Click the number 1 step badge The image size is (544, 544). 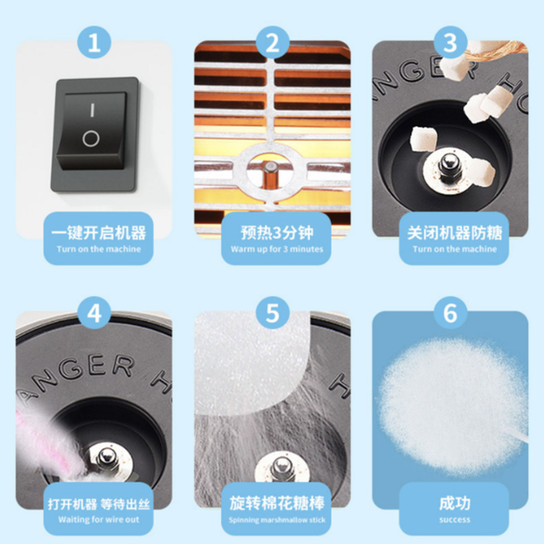tap(94, 43)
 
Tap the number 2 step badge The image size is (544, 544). tap(272, 43)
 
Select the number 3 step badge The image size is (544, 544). tap(451, 43)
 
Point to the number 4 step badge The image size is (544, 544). tap(94, 314)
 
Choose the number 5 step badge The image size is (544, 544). tap(272, 314)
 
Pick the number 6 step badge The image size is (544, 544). tap(451, 314)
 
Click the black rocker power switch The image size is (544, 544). tap(93, 134)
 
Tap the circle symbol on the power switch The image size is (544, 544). tap(91, 139)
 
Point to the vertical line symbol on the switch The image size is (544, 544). tap(92, 110)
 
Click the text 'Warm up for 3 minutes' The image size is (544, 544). tap(277, 249)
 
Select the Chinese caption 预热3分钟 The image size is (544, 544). tap(277, 232)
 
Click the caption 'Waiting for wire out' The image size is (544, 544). tap(99, 520)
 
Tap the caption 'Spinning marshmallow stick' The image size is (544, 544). tap(277, 520)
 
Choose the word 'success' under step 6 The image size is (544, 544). tap(454, 520)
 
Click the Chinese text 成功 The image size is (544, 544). tap(454, 503)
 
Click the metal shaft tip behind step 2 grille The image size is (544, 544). tap(270, 167)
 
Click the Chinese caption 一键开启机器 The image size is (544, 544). tap(99, 232)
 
